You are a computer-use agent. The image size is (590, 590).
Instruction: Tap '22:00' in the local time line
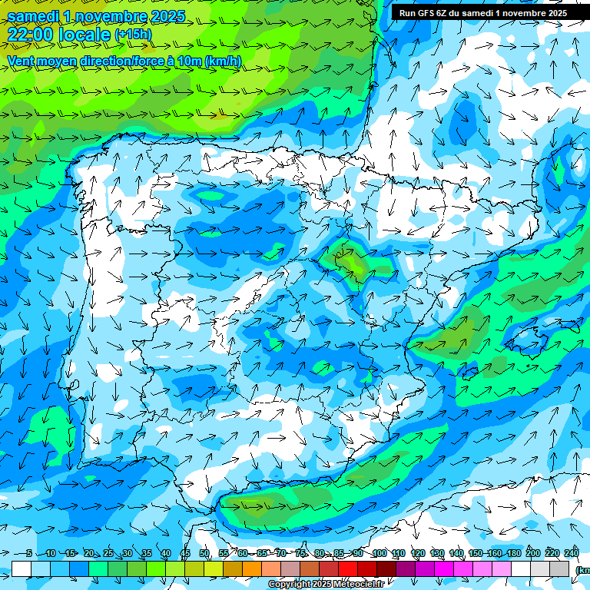(31, 34)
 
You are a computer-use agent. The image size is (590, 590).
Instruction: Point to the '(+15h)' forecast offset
(133, 34)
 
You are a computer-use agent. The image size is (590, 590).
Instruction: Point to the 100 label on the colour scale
(379, 554)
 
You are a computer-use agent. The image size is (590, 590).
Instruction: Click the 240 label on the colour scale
(572, 554)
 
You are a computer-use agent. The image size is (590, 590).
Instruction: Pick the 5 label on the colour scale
(28, 554)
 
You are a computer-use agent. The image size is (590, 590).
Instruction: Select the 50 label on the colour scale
(204, 554)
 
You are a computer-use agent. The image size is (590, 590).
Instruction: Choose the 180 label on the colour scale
(514, 554)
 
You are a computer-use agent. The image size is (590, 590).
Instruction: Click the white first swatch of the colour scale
(22, 568)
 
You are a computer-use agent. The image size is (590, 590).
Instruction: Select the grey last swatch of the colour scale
(559, 568)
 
